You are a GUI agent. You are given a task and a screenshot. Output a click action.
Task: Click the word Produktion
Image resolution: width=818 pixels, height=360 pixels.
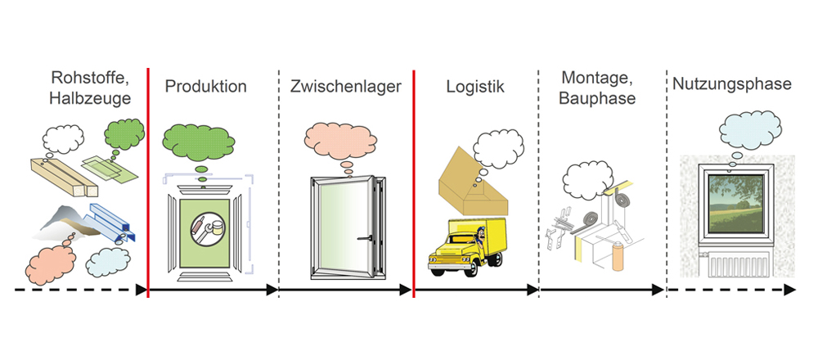coord(205,86)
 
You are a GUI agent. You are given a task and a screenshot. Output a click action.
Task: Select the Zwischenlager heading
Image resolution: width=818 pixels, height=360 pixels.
coord(345,86)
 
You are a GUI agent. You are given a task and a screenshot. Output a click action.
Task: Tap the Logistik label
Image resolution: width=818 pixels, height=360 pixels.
coord(475,86)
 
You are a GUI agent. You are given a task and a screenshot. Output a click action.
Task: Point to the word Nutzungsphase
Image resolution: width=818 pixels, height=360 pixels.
coord(731,83)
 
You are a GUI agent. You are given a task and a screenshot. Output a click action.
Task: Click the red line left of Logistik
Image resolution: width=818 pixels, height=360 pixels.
coord(414,180)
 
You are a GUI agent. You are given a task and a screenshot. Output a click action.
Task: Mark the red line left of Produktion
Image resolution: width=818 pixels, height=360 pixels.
coord(148,180)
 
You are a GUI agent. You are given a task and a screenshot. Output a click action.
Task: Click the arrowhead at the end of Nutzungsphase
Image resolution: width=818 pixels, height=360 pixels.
coord(789,290)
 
